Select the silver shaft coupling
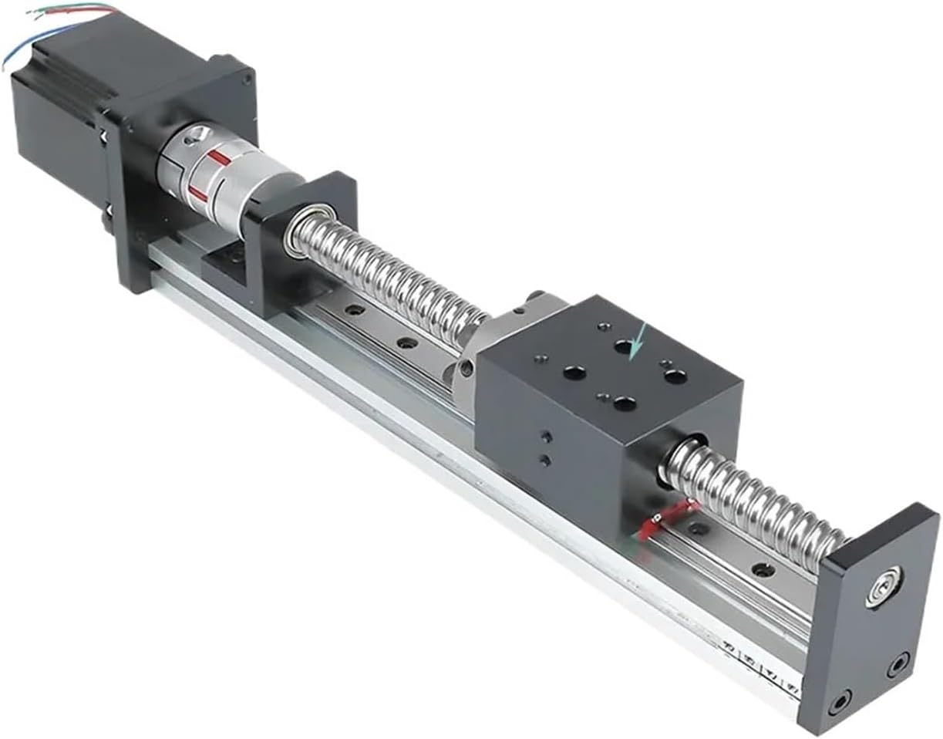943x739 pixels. pyautogui.click(x=224, y=177)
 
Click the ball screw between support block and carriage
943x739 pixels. pyautogui.click(x=393, y=278)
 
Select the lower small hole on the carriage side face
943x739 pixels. pyautogui.click(x=546, y=461)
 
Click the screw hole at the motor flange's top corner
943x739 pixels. pyautogui.click(x=247, y=77)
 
